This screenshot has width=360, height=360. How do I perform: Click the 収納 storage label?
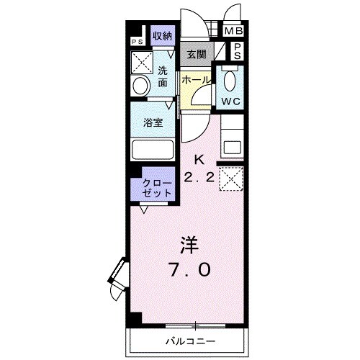point(161,35)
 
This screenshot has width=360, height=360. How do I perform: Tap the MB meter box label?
point(233,32)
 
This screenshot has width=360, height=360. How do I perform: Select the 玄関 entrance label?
point(197,55)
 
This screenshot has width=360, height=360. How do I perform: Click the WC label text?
point(230,101)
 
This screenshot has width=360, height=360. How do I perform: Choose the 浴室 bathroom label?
point(153,122)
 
